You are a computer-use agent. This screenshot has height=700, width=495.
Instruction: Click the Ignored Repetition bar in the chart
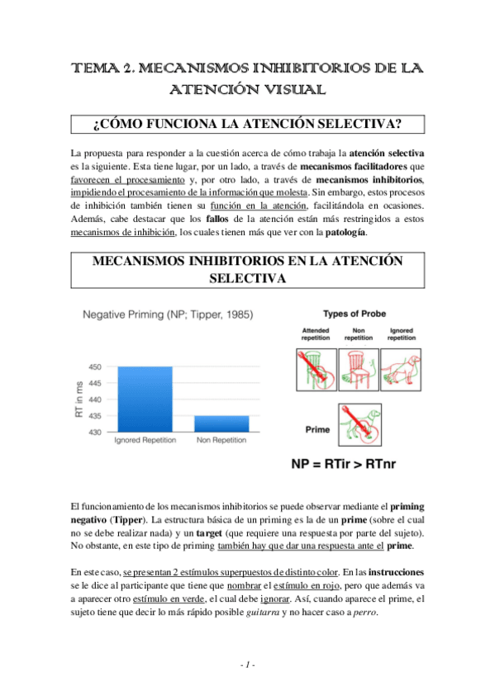point(145,399)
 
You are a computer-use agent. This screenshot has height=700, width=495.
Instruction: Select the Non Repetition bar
point(221,423)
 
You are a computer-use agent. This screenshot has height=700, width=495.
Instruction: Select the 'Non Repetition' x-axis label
point(221,441)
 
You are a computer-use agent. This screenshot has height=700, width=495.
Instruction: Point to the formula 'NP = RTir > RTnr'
point(343,463)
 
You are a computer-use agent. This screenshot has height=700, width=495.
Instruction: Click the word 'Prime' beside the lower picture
point(317,430)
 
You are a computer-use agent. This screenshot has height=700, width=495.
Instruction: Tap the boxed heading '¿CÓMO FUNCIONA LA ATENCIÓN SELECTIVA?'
point(248,125)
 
